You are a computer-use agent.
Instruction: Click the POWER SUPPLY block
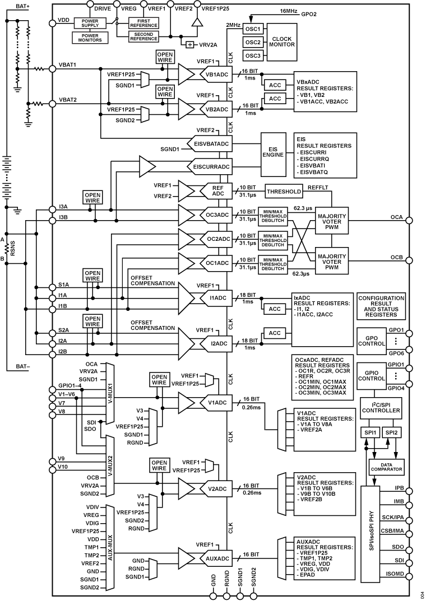pos(86,22)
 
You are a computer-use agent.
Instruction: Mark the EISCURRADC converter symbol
pos(211,166)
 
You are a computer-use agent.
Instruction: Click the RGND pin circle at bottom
pos(227,596)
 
